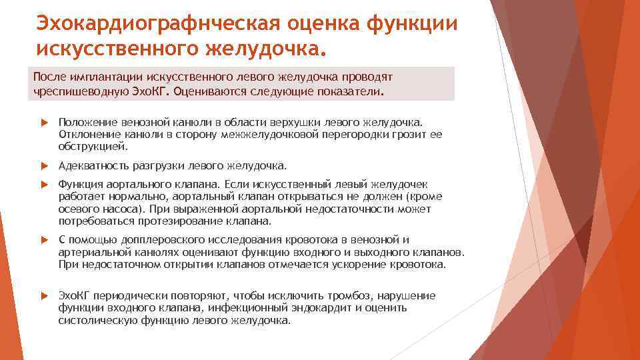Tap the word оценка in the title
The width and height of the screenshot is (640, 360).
pyautogui.click(x=311, y=24)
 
